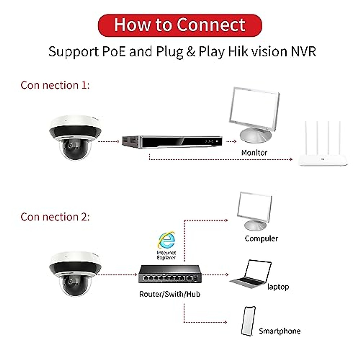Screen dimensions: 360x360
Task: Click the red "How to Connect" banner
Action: point(180,25)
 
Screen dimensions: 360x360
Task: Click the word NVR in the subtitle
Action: point(303,52)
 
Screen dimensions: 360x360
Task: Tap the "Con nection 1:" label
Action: point(55,85)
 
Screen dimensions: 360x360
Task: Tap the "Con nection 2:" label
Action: point(55,217)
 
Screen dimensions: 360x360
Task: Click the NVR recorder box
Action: point(172,141)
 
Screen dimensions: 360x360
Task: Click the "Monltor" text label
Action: point(254,153)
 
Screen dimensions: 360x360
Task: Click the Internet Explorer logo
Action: point(167,240)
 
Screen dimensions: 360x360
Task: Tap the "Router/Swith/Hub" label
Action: point(169,294)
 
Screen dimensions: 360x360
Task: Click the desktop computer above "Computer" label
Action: point(254,210)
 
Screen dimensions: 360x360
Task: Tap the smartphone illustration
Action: point(248,321)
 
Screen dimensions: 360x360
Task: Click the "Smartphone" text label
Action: point(279,331)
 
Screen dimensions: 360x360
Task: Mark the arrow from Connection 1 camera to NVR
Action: point(109,141)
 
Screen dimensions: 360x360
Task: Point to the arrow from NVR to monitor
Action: point(231,141)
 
